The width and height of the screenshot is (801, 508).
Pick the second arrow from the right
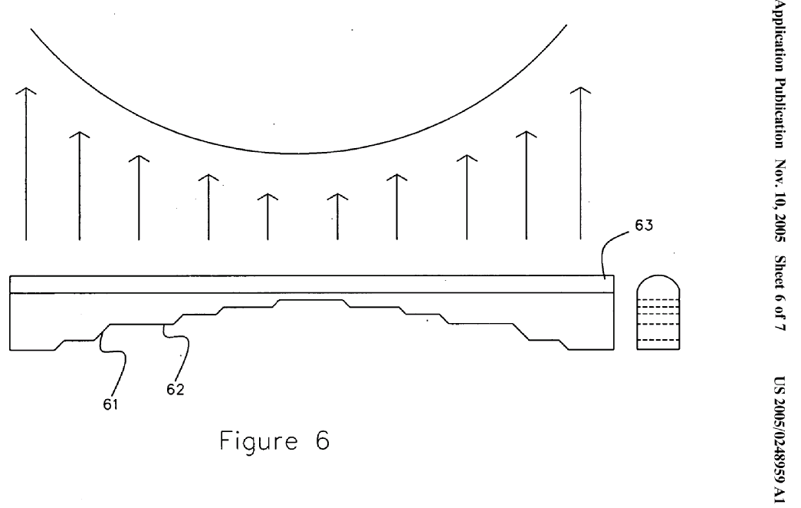(524, 184)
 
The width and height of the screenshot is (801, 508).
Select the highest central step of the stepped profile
(310, 300)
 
